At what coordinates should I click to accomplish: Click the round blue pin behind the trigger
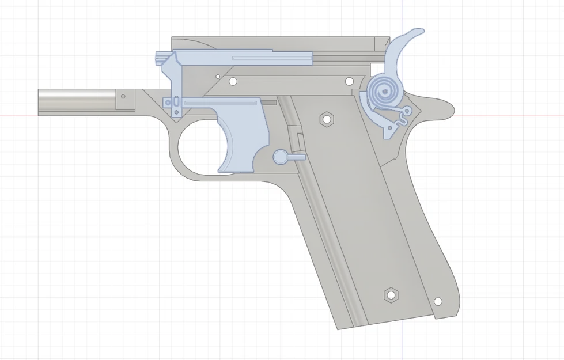280,156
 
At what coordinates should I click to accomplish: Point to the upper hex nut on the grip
327,119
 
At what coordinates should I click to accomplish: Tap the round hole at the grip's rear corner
438,301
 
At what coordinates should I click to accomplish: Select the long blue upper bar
242,58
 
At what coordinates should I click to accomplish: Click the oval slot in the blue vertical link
168,103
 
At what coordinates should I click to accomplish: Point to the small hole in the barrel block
123,96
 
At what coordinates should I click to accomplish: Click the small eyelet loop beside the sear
408,109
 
